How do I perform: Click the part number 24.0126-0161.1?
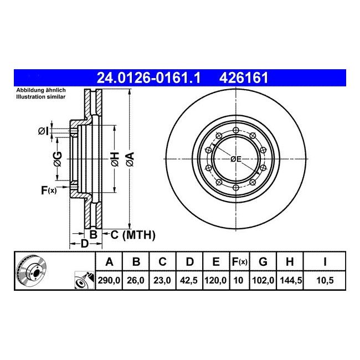148,78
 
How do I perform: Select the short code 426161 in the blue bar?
244,78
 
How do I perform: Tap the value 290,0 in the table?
109,280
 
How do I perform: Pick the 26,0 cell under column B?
136,280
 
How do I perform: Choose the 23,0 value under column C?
162,280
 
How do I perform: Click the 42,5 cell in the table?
189,280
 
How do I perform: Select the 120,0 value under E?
216,280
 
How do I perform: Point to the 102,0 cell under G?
263,280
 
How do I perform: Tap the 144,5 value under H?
290,280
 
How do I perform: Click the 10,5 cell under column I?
325,280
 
